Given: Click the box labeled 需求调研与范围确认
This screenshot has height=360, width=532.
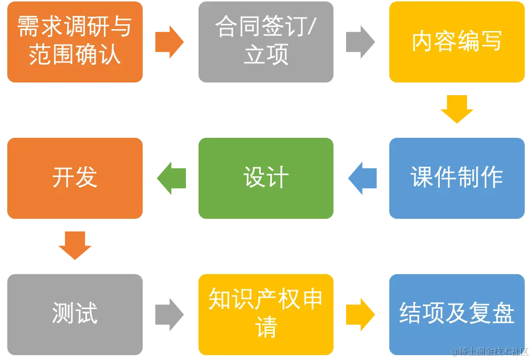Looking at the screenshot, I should pyautogui.click(x=75, y=42).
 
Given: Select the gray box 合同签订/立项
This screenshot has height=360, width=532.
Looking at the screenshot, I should pyautogui.click(x=266, y=42).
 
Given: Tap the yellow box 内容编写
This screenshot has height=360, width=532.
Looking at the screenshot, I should pyautogui.click(x=456, y=42).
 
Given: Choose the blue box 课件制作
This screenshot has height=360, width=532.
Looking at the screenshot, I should pyautogui.click(x=456, y=178).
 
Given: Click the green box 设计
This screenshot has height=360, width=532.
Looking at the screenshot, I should pyautogui.click(x=266, y=178).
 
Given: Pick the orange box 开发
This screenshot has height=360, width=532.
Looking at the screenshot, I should pyautogui.click(x=75, y=178).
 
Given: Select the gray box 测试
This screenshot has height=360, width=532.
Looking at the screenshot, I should pyautogui.click(x=75, y=314).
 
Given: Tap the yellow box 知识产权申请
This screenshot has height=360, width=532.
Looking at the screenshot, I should pyautogui.click(x=266, y=314).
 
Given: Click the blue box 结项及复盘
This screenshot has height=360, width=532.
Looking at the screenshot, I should pyautogui.click(x=456, y=314).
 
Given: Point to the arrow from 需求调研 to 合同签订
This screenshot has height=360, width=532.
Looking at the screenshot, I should pyautogui.click(x=170, y=42).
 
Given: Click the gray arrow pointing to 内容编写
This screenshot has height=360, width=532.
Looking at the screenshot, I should pyautogui.click(x=361, y=42).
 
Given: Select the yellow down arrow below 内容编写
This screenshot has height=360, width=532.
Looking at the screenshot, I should pyautogui.click(x=456, y=109).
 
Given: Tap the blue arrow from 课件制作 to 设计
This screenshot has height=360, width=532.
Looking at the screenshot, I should pyautogui.click(x=362, y=178).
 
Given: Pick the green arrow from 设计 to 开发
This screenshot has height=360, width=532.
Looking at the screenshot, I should pyautogui.click(x=171, y=178).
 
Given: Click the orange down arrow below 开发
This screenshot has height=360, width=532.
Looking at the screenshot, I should pyautogui.click(x=75, y=245).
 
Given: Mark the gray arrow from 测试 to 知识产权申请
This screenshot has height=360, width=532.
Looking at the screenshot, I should pyautogui.click(x=170, y=314).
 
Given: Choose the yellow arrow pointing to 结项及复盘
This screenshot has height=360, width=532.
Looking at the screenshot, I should pyautogui.click(x=361, y=314).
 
